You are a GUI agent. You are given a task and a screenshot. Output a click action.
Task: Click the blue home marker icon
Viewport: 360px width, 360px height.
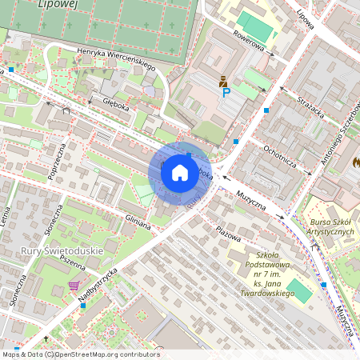tap(180, 172)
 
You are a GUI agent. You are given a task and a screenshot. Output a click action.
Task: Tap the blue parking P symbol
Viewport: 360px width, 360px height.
tap(226, 94)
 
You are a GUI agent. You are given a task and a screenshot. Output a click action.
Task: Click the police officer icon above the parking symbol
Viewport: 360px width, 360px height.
tap(223, 81)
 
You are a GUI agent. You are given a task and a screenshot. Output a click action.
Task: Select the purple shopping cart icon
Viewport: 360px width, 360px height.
tap(74, 286)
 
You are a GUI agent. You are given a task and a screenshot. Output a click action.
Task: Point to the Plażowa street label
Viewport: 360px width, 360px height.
tap(228, 230)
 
